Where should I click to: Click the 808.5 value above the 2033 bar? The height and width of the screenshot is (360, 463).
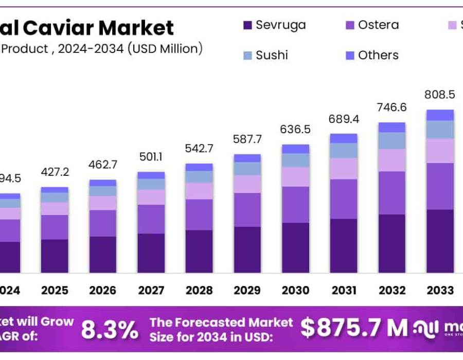439,95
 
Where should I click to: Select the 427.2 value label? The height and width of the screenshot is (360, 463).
55,172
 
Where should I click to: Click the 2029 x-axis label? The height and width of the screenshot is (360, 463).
247,291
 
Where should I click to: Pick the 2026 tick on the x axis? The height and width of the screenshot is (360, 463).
102,291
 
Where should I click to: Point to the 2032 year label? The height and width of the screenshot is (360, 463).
391,291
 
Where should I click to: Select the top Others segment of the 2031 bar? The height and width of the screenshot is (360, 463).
344,138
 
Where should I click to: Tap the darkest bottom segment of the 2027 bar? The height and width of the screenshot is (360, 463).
151,253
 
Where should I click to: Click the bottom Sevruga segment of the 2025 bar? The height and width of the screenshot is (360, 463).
55,256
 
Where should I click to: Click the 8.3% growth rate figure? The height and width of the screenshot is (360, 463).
110,329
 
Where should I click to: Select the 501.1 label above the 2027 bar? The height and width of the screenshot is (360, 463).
151,156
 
